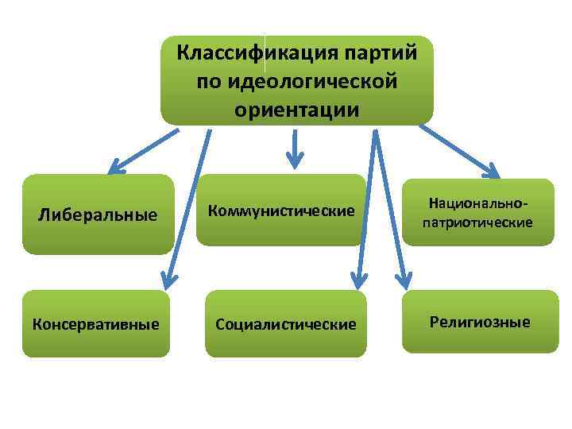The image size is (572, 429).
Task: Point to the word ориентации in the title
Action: coord(296,109)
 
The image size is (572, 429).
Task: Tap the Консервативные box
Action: coord(95,324)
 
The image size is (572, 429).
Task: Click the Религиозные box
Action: coord(480,323)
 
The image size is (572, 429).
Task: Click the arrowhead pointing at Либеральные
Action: coord(118,167)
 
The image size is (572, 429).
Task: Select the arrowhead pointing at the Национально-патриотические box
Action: coord(491,170)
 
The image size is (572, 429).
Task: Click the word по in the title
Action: coord(206,81)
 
